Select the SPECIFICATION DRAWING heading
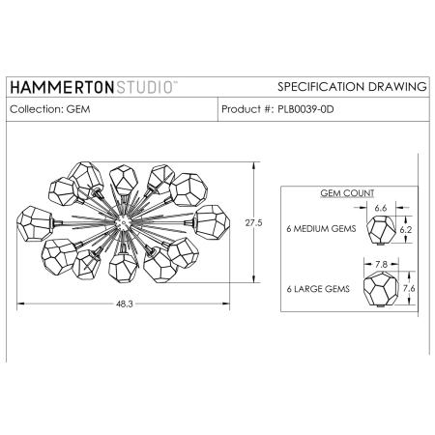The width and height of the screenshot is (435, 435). click(x=351, y=87)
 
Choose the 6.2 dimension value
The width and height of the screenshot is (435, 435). click(x=407, y=231)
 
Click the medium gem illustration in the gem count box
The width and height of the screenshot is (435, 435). click(x=380, y=231)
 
